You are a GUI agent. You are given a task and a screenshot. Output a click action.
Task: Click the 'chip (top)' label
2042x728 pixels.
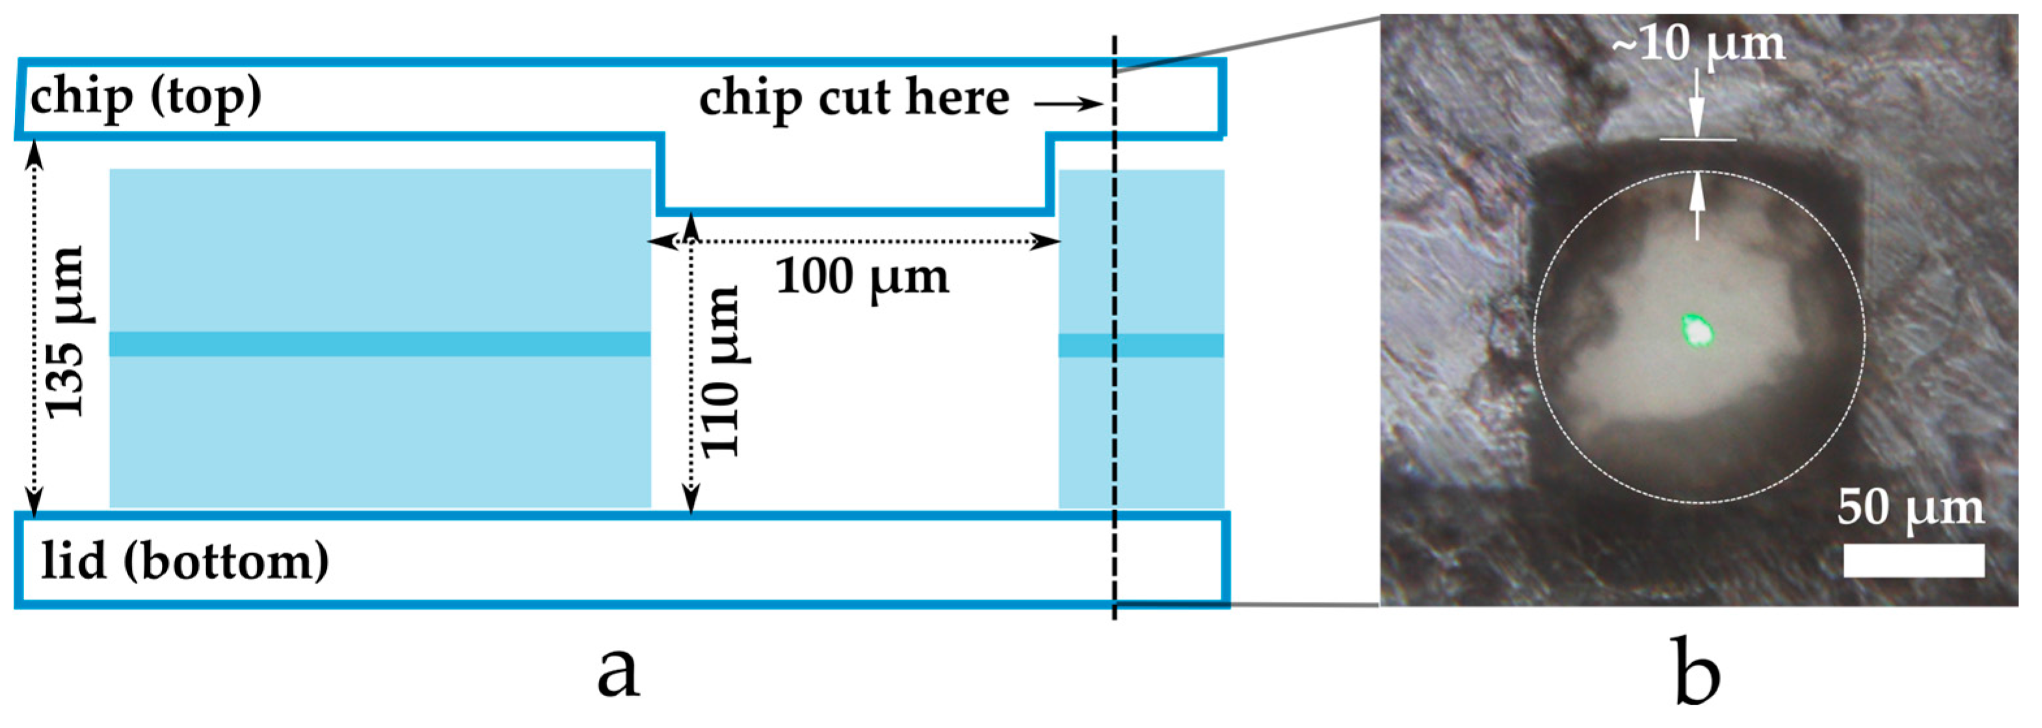point(146,98)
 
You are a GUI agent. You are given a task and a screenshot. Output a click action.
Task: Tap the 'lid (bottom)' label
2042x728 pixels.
point(185,561)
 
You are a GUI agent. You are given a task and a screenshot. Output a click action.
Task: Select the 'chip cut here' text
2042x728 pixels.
point(854,98)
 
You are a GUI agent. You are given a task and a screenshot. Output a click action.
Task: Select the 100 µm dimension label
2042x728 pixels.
point(862,278)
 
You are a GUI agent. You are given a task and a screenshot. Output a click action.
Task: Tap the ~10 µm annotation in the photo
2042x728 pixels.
point(1697,44)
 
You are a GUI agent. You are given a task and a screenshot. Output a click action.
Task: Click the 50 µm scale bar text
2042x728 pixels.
point(1911,507)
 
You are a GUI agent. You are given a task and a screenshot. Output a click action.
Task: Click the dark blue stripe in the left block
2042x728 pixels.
point(380,344)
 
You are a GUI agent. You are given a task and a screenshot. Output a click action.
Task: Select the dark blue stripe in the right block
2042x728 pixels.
point(1141,345)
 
